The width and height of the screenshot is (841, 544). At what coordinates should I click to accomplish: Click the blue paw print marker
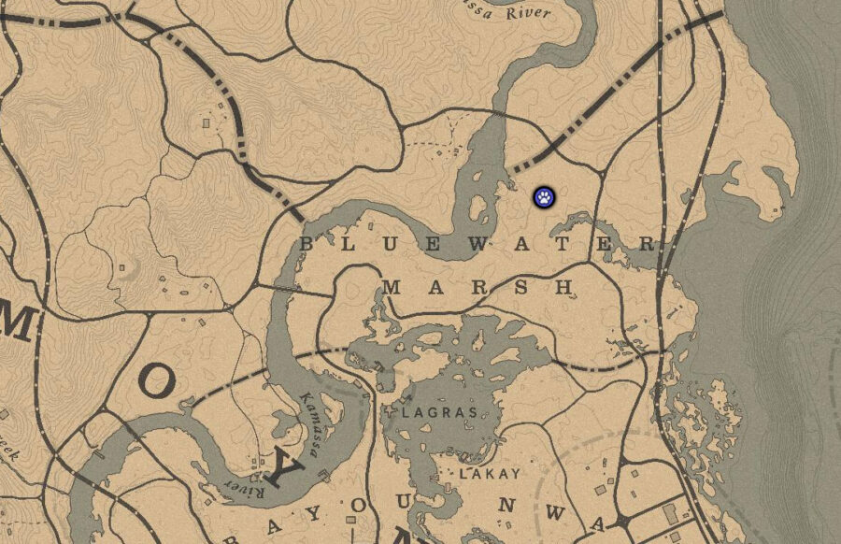544,196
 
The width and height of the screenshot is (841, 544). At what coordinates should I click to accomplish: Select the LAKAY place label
489,474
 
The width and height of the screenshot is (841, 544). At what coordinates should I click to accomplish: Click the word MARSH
478,288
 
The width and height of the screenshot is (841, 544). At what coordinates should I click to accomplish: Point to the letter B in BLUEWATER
306,244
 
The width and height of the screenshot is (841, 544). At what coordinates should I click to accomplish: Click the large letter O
160,381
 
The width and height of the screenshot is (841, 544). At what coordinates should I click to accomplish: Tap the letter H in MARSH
563,288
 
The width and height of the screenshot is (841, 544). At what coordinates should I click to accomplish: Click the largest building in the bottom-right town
669,512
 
